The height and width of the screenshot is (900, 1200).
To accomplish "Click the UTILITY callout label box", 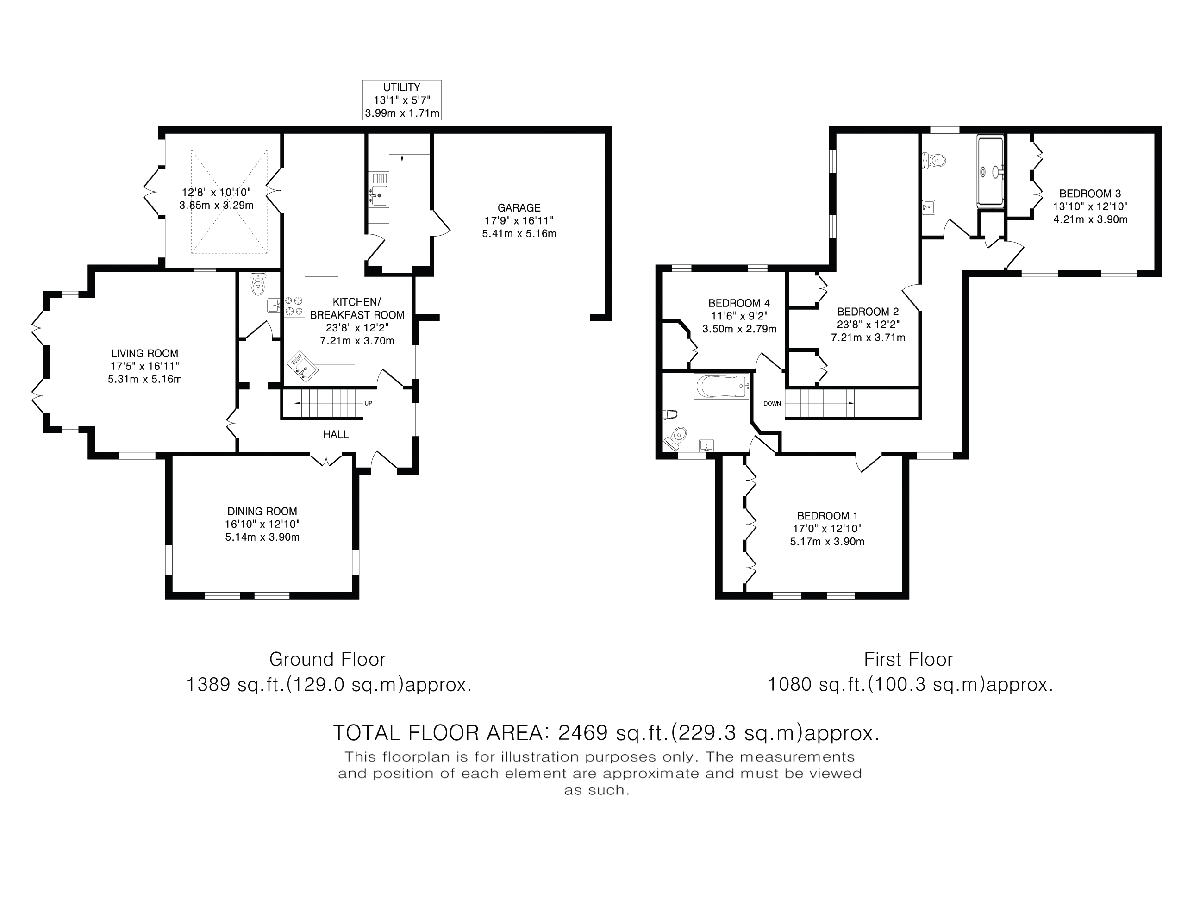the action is (x=401, y=100).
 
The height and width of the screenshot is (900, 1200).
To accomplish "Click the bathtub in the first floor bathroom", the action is (x=721, y=387).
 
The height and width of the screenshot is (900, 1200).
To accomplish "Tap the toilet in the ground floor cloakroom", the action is (x=258, y=284).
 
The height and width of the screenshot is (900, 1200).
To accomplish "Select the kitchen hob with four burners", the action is (x=294, y=305).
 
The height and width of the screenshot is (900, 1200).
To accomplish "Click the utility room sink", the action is (x=378, y=195).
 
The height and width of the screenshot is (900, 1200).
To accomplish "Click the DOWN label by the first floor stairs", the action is (x=772, y=404).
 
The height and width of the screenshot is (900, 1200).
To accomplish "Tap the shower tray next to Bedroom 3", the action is (x=991, y=171).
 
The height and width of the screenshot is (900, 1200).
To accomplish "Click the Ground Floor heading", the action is (x=327, y=660).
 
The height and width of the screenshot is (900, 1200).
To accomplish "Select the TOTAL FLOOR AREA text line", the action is (x=606, y=733).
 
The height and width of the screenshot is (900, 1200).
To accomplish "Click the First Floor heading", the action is (x=908, y=660).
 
